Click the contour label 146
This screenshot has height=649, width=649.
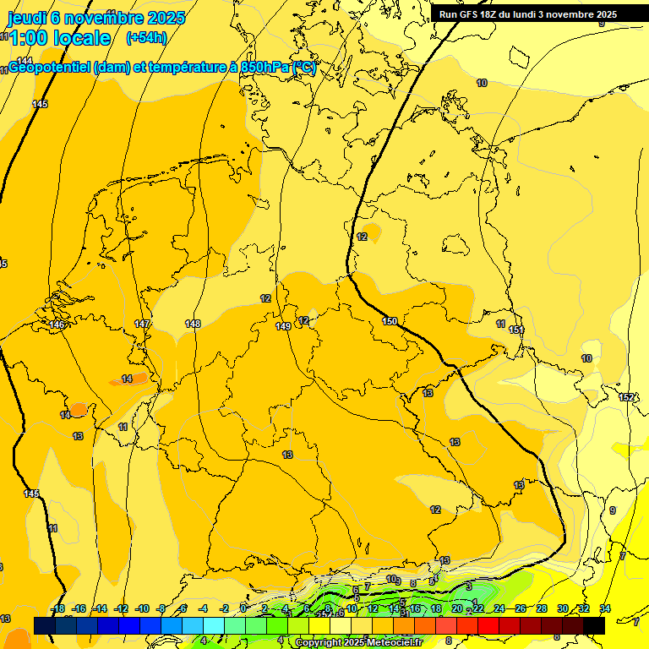[x=57, y=325]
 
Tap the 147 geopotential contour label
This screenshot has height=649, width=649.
[x=142, y=324]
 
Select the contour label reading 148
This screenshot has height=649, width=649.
[x=193, y=324]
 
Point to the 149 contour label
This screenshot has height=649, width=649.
[x=283, y=326]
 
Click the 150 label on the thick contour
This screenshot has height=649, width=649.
[x=389, y=321]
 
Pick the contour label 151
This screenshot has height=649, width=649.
[x=515, y=330]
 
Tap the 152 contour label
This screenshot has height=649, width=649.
[x=626, y=397]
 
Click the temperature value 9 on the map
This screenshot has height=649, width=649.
[x=613, y=510]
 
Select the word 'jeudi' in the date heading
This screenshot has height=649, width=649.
[x=28, y=17]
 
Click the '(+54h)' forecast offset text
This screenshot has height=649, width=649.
[x=145, y=38]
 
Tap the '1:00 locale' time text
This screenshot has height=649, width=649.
[x=60, y=38]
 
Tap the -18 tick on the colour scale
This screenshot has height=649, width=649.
[x=57, y=609]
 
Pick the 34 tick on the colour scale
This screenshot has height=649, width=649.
[x=604, y=609]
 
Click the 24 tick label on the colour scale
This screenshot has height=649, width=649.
[x=499, y=609]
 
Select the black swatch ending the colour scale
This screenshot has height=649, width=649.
[x=594, y=625]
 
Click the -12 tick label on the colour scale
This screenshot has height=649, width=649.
[x=121, y=609]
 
